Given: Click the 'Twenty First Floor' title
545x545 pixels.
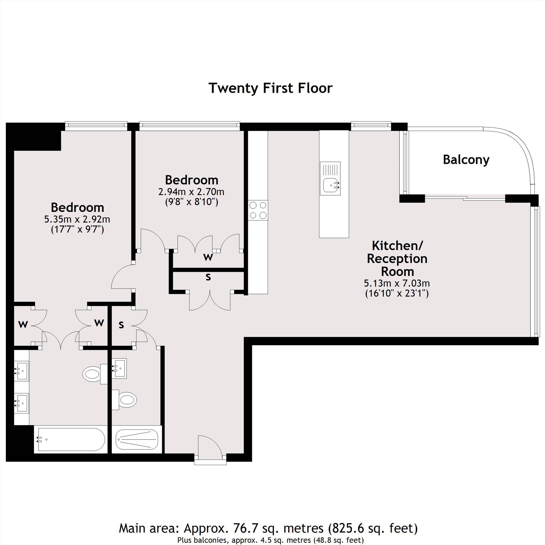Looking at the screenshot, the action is pos(270,88).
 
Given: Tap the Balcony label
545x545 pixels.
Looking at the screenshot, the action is pos(466,160).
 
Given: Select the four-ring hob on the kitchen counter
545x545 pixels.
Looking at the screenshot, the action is pos(258,210).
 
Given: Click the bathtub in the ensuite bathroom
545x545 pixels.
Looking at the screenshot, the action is pos(71,439).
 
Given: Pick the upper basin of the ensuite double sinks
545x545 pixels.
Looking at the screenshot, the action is pos(22,371).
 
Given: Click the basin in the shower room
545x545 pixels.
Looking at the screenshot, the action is pos(119,368).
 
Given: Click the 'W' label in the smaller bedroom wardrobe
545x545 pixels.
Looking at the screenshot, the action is pos(208,257).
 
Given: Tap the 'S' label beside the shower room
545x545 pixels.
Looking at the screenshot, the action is pos(121,325).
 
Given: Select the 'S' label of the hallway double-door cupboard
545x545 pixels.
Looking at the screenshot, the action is pos(208,277).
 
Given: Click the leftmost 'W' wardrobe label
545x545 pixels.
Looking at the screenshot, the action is pos(23,325).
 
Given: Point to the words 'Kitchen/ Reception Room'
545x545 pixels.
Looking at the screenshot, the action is pos(397,258).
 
